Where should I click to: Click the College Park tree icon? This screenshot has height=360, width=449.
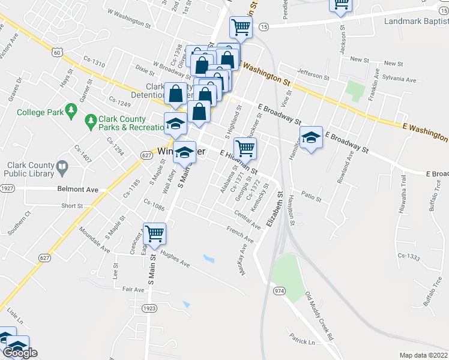tap(72, 110)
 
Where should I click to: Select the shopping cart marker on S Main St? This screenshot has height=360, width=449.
tap(155, 234)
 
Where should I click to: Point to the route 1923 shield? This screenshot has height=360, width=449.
tap(149, 308)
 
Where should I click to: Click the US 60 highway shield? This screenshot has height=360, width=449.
tap(57, 52)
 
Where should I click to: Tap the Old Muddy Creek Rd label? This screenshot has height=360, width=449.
tap(319, 316)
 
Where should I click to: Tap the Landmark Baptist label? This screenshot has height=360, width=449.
tap(415, 22)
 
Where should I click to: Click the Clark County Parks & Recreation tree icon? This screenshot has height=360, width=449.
tap(91, 122)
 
